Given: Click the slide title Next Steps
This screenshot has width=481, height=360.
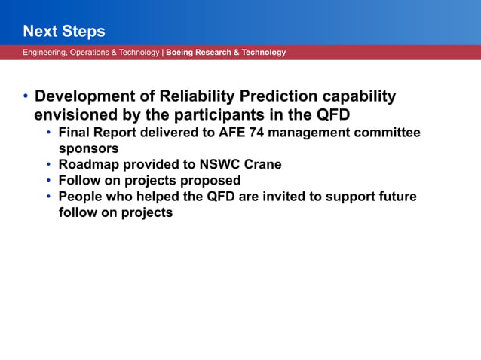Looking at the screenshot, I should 63,32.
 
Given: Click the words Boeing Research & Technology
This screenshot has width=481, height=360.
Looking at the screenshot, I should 225,53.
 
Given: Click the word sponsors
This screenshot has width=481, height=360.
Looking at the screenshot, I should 88,149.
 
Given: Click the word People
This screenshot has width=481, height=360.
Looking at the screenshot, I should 81,197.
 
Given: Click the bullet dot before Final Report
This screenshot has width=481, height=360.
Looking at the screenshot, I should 49,133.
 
